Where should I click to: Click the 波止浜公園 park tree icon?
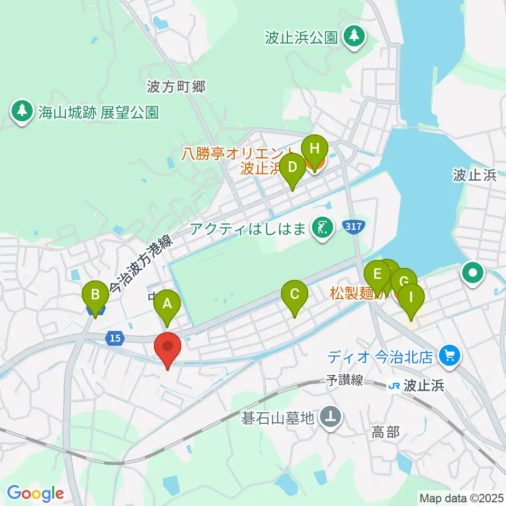click(354, 36)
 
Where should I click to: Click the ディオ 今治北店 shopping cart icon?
click(450, 356)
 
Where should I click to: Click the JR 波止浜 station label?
click(416, 386)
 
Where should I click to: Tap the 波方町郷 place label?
click(177, 87)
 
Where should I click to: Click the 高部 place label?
click(385, 433)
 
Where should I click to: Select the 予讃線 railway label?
click(344, 380)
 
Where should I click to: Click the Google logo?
click(35, 493)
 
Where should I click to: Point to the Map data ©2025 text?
click(461, 497)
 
